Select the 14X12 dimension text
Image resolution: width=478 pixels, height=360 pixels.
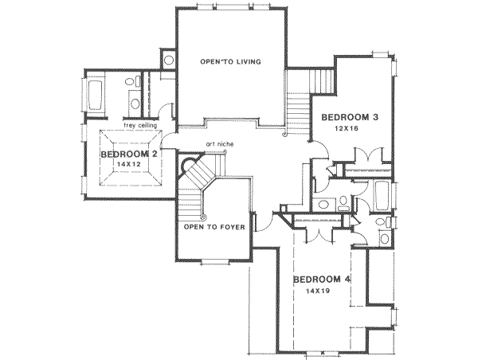(x=127, y=163)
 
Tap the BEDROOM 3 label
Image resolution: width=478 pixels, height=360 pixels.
(x=348, y=117)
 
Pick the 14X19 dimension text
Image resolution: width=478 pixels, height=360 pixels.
(x=318, y=292)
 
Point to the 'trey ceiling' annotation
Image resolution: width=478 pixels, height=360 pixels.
(x=139, y=124)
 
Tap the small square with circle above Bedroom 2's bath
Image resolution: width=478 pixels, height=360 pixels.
(x=169, y=59)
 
